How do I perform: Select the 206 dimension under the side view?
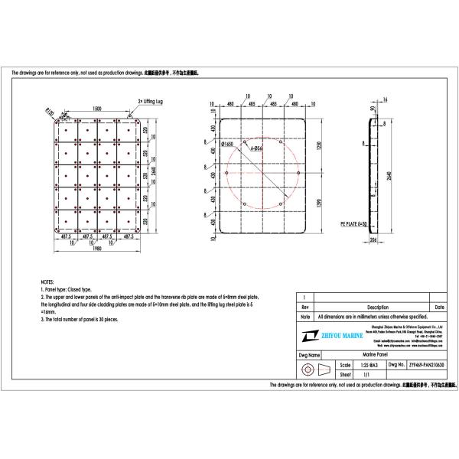click(373, 239)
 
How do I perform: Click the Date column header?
click(439, 307)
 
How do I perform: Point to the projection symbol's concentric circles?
click(307, 371)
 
